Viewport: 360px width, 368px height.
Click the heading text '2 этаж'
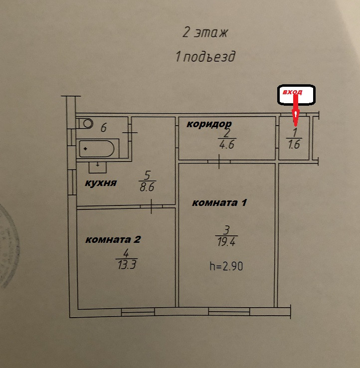[205, 33]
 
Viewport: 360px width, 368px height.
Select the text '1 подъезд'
[205, 57]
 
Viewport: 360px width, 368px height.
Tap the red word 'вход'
[293, 92]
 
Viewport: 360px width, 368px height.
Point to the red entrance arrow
[295, 110]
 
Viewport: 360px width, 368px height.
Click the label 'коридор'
[209, 124]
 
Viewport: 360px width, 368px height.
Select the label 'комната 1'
[220, 203]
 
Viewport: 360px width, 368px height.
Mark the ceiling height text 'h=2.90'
[226, 266]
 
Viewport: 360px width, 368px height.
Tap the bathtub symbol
[98, 148]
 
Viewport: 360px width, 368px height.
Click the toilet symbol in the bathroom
[87, 123]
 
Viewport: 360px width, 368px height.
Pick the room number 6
[104, 128]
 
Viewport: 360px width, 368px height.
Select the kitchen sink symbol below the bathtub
[98, 165]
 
